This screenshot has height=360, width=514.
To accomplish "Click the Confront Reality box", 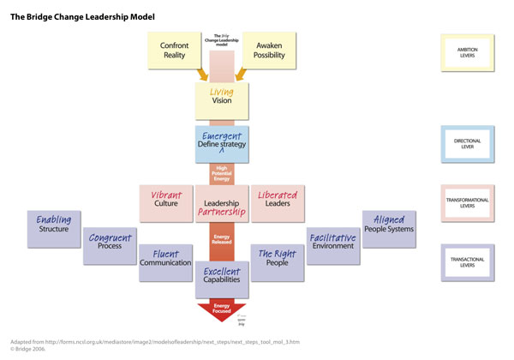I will tap(175, 51).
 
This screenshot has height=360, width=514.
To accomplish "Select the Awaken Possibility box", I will tap(269, 51).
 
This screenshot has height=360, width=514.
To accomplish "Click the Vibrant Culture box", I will tap(168, 202).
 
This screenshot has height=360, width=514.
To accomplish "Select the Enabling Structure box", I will tap(54, 225).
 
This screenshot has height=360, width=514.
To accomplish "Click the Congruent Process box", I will tap(110, 245).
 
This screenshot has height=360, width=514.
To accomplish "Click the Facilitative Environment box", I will tap(333, 245).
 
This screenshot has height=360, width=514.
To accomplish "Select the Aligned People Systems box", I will tap(389, 225).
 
